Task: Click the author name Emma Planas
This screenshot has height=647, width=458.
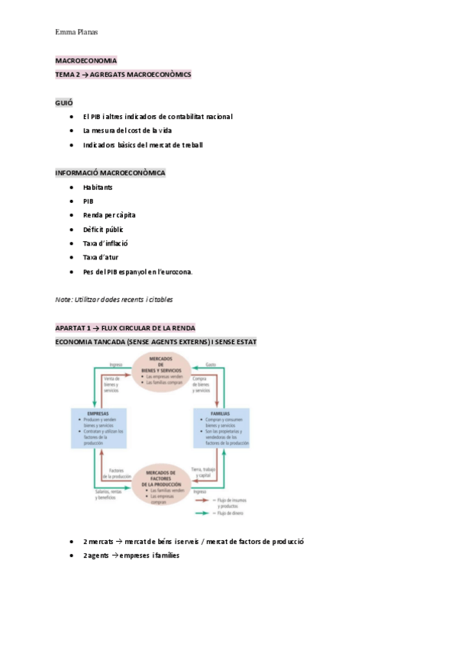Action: point(77,32)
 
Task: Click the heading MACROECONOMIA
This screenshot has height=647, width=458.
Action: point(86,60)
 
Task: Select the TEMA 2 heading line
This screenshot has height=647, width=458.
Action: point(123,75)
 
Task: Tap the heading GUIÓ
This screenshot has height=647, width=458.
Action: point(64,102)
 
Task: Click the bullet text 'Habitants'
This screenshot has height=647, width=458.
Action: point(98,187)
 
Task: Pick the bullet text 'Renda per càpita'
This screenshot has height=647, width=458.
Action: point(109,215)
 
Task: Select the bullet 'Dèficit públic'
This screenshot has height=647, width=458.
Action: point(103,229)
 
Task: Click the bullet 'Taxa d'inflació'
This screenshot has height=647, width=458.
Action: point(105,243)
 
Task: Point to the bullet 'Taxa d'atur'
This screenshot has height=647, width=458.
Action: point(101,257)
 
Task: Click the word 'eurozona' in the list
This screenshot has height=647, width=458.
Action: point(175,272)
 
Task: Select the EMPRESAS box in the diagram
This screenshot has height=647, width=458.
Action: point(108,430)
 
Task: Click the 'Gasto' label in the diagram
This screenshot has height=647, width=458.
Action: point(211,365)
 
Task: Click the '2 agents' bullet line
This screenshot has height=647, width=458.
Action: point(131,555)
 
